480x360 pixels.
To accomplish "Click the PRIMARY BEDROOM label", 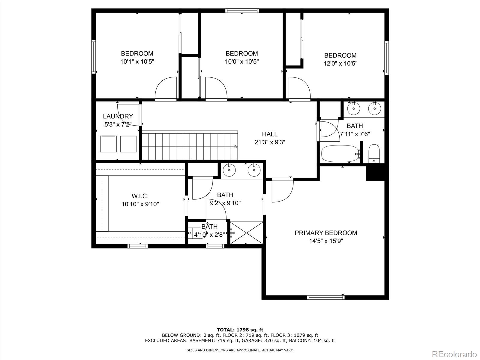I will (326, 233).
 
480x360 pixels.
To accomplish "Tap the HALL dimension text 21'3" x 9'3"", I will (270, 142).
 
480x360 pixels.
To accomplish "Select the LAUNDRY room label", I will (118, 116).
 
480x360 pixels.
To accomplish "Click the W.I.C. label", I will (140, 196).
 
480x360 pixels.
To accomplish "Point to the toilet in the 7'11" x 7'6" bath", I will (374, 153).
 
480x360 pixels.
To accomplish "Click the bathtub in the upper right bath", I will (340, 154).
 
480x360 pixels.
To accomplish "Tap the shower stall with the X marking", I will (246, 232).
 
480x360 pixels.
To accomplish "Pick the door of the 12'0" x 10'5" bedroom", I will (299, 88).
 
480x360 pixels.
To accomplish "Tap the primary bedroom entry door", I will (282, 191).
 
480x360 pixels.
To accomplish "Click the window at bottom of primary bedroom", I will (325, 297).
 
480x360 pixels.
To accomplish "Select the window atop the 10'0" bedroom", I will (242, 11).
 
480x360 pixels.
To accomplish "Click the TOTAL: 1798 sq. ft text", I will (240, 330).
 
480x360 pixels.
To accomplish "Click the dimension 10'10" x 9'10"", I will (140, 204).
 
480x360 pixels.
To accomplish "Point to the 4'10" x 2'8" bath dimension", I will (209, 235).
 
